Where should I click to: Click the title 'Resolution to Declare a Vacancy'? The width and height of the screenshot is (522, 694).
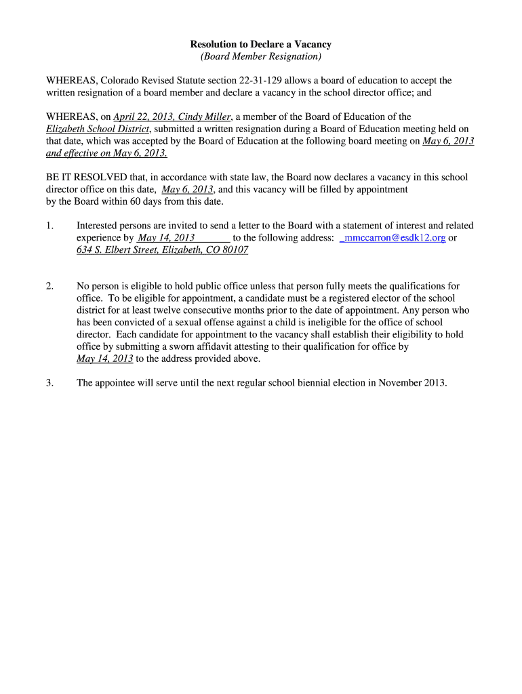pyautogui.click(x=260, y=45)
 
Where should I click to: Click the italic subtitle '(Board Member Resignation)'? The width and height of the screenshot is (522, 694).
pyautogui.click(x=260, y=56)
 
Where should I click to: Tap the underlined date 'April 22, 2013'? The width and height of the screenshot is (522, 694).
pyautogui.click(x=144, y=117)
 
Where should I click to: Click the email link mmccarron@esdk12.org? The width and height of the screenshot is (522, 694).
pyautogui.click(x=394, y=238)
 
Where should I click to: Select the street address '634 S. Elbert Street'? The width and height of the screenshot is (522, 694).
pyautogui.click(x=117, y=250)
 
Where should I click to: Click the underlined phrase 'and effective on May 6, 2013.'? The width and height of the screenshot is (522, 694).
pyautogui.click(x=106, y=153)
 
